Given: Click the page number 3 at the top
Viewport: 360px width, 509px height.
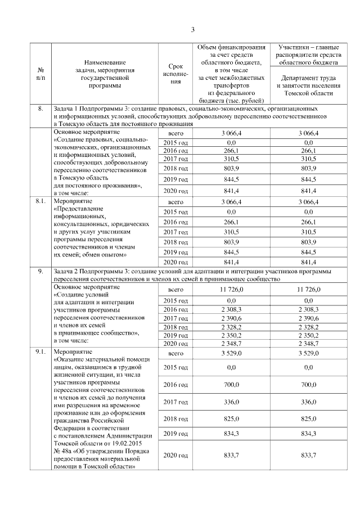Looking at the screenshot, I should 192,30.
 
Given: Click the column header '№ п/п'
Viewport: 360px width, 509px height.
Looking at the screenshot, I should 40,73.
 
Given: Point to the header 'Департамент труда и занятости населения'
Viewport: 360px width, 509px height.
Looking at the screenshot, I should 314,85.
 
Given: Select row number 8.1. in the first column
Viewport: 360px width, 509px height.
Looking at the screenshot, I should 40,200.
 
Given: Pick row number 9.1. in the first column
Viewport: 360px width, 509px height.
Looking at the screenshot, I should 40,352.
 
